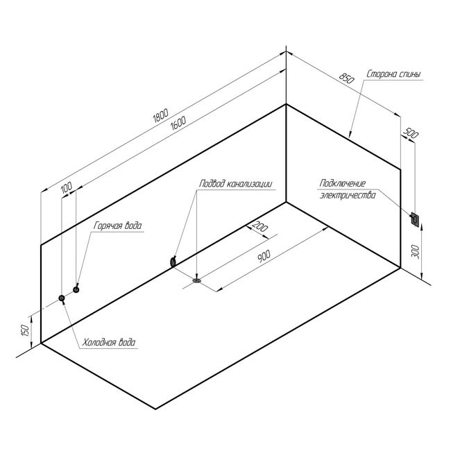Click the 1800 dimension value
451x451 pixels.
point(160,116)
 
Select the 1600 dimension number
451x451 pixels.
point(178,123)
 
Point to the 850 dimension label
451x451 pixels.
point(346,78)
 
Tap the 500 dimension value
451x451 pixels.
point(411,133)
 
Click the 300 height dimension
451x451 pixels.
point(416,251)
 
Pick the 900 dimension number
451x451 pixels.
point(264,256)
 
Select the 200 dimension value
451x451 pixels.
point(260,227)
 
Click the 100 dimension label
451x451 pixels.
point(67,188)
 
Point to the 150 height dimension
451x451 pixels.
point(25,330)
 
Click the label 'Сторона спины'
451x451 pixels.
point(393,74)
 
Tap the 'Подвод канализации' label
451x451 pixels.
point(235,183)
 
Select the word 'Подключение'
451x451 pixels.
point(343,183)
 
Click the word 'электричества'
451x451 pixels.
point(348,195)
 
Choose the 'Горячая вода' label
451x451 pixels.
point(118,226)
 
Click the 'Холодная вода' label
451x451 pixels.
point(109,343)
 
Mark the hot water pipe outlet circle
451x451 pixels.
point(76,289)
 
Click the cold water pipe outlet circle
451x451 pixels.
point(62,298)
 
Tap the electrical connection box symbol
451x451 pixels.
point(415,220)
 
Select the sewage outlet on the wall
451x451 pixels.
point(173,262)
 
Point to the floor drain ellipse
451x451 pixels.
point(197,280)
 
